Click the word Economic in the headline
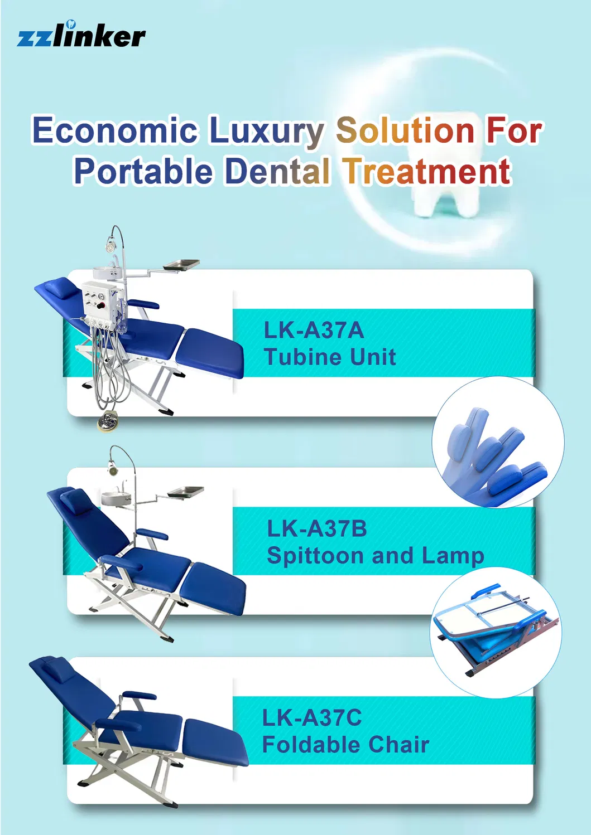click(x=114, y=130)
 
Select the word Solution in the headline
click(x=405, y=130)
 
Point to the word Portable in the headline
click(x=143, y=171)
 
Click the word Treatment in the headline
click(x=427, y=171)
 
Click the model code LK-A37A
click(x=314, y=330)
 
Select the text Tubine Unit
click(x=330, y=357)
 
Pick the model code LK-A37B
click(x=316, y=528)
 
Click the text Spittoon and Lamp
click(x=375, y=556)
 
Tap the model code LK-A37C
click(x=312, y=718)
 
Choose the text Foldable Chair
click(x=345, y=745)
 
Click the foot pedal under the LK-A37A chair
click(x=107, y=421)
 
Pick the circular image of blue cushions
click(x=498, y=442)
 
